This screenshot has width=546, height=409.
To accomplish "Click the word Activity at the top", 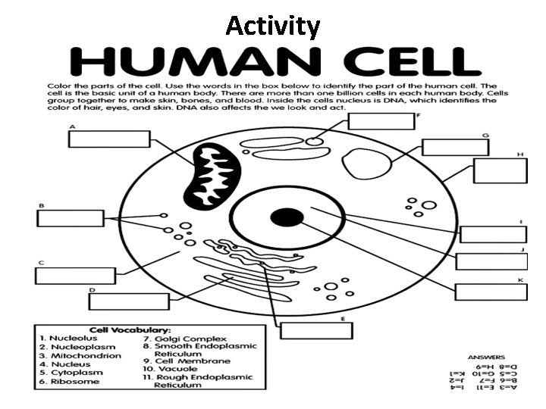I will [x=273, y=27].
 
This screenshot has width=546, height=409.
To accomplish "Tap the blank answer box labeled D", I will [x=128, y=301].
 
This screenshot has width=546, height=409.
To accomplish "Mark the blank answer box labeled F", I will [x=382, y=120].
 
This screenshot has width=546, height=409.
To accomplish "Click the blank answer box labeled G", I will [x=454, y=147].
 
